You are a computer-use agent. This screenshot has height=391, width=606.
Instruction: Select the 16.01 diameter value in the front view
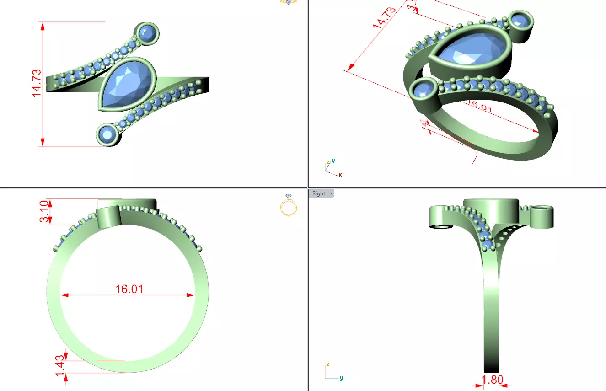click(129, 289)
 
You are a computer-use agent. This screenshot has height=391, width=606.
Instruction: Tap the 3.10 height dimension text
click(44, 212)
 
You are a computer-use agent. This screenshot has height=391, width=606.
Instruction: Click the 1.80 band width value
click(492, 380)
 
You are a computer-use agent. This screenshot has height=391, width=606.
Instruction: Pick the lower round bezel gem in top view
click(108, 134)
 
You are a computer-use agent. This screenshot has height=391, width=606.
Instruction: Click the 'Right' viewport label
click(319, 193)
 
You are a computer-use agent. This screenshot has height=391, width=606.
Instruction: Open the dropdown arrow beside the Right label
click(331, 193)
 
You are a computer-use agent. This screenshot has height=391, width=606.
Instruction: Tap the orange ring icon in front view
click(289, 205)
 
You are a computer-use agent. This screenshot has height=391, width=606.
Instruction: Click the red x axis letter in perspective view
click(340, 175)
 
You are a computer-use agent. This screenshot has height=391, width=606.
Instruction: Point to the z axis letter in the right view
click(327, 364)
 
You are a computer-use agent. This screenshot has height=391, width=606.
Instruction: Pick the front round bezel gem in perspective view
click(424, 89)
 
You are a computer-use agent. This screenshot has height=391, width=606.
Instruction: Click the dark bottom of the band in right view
click(491, 366)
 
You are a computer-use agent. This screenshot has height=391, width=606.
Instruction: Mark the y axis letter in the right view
click(341, 378)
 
